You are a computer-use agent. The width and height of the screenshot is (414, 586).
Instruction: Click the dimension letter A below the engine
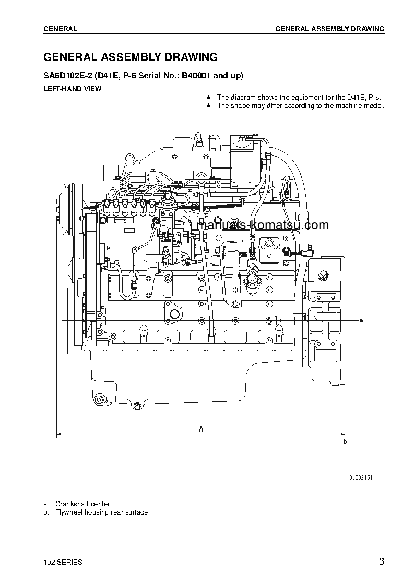coord(201,428)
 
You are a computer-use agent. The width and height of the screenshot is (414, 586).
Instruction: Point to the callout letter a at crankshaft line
coord(361,320)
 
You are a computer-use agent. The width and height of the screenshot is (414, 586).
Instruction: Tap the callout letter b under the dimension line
coord(345,441)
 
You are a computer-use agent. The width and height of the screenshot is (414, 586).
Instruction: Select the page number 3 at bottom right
coord(382,562)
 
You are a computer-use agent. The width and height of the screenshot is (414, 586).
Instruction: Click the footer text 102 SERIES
coord(63,563)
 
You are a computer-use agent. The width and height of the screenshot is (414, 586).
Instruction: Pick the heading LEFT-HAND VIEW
coord(72,89)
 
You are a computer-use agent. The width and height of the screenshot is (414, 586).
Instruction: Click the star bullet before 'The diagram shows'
coord(208,97)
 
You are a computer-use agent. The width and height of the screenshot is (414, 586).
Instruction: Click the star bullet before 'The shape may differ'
coord(208,105)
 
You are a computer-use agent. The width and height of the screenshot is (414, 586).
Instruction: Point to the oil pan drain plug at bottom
coord(137,406)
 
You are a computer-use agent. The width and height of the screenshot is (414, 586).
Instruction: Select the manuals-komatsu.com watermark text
coord(264,225)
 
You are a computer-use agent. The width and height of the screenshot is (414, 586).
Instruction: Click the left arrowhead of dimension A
coord(58,433)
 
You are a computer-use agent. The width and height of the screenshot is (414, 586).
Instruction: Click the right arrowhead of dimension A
coord(342,433)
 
